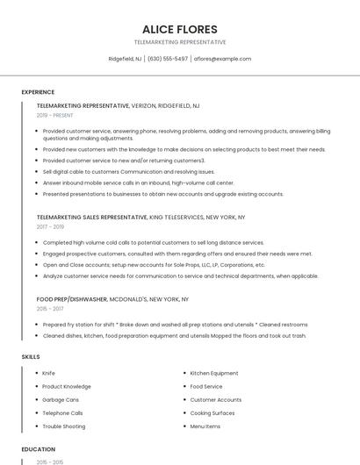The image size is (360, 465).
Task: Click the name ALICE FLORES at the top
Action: tap(179, 29)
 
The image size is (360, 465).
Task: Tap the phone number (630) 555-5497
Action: tap(168, 59)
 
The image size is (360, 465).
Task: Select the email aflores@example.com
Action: tap(222, 59)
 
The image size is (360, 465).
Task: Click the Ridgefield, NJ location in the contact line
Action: tap(126, 59)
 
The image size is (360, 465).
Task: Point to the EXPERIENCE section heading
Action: tap(38, 92)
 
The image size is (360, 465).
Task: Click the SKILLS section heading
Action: tap(31, 357)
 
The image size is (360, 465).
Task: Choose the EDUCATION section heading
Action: tap(39, 449)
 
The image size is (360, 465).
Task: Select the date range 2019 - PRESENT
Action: tap(55, 115)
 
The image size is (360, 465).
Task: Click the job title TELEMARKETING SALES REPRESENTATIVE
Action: tap(92, 217)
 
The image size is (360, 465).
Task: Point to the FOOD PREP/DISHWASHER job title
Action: tap(72, 299)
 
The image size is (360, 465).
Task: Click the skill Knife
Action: tap(48, 374)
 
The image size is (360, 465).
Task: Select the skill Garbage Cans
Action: tap(60, 400)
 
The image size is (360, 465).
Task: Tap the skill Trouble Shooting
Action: tap(63, 426)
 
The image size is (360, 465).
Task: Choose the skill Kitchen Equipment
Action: tap(214, 374)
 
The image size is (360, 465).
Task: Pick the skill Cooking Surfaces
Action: tap(212, 413)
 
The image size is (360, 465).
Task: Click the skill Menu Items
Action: tap(205, 426)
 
